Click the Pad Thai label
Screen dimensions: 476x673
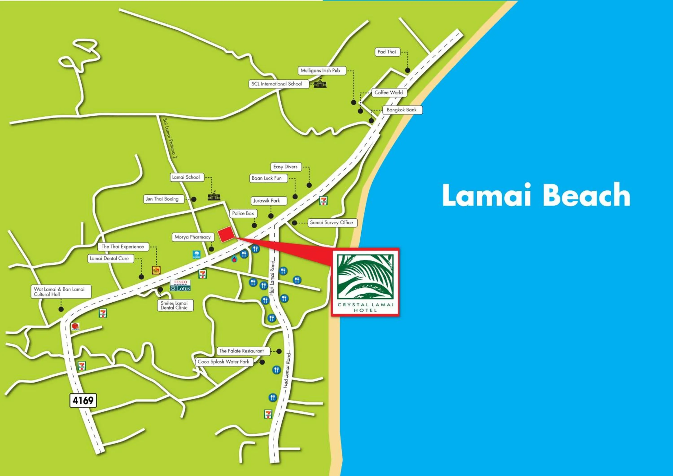point(387,52)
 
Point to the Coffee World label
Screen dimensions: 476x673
point(389,93)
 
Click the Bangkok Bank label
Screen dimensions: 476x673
point(402,110)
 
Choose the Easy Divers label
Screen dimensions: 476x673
point(285,167)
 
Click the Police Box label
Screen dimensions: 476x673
point(243,213)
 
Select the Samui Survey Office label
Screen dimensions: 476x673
point(332,223)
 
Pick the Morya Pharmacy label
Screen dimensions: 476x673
point(192,237)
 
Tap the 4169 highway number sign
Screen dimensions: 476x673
point(83,400)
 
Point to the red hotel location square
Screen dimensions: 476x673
point(226,235)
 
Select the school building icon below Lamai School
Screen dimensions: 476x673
point(214,196)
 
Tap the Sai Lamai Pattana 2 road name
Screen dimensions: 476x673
point(170,138)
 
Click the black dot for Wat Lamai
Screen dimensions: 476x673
point(61,309)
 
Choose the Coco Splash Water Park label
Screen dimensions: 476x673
point(224,362)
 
